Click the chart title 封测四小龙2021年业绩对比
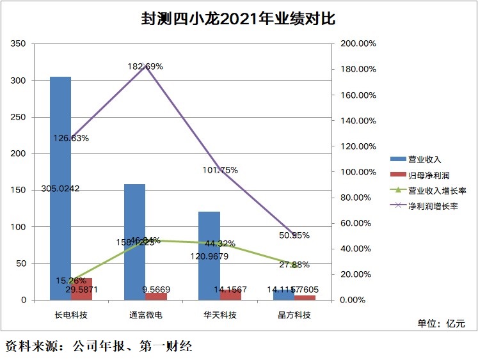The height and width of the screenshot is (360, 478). click(x=238, y=19)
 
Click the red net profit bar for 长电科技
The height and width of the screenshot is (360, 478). click(x=82, y=289)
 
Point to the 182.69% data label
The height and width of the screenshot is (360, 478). click(x=146, y=66)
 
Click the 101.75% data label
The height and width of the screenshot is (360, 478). click(x=220, y=170)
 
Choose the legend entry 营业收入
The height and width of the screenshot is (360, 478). click(x=426, y=159)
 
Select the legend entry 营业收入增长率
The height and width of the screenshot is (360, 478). click(x=436, y=191)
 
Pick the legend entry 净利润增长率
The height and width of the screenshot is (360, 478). click(x=433, y=206)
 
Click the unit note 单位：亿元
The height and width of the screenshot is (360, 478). click(x=441, y=324)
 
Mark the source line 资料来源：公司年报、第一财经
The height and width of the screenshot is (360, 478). click(x=99, y=347)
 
